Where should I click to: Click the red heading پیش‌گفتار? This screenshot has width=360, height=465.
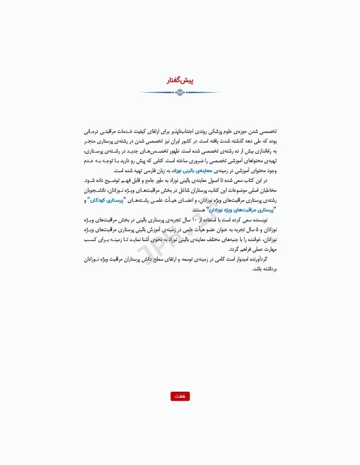click(x=180, y=81)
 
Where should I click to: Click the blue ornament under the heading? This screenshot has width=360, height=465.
click(x=179, y=93)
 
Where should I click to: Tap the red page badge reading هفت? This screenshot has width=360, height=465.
click(x=180, y=396)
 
